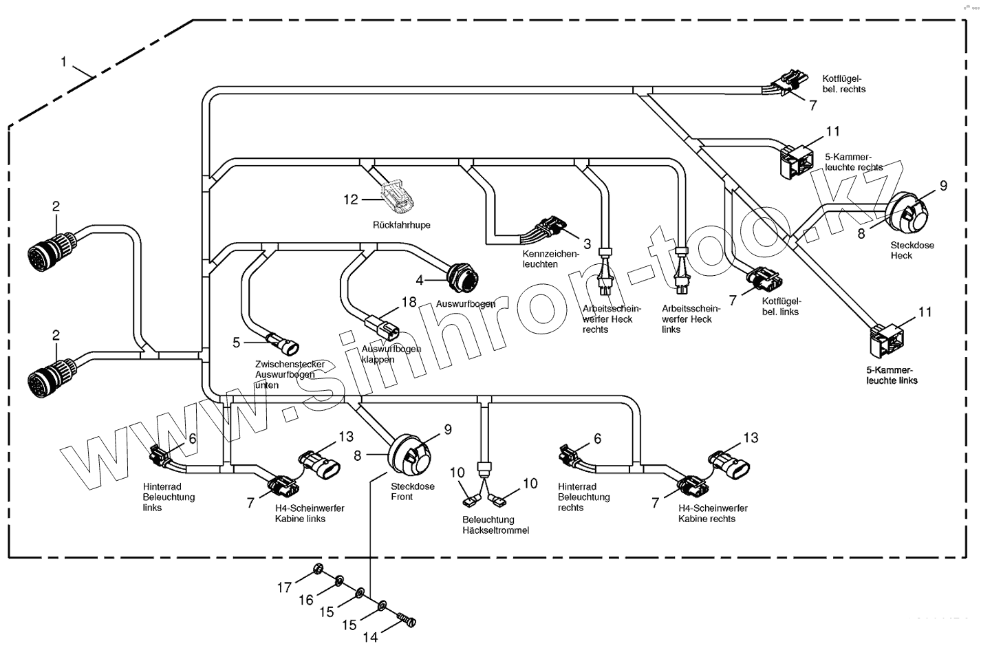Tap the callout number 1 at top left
point(64,62)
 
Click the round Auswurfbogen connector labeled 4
point(460,277)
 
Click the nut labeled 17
point(318,570)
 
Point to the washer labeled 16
point(340,582)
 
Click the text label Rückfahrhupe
point(402,225)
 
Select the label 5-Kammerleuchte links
point(892,375)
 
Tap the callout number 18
point(409,301)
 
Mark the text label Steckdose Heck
point(912,250)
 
